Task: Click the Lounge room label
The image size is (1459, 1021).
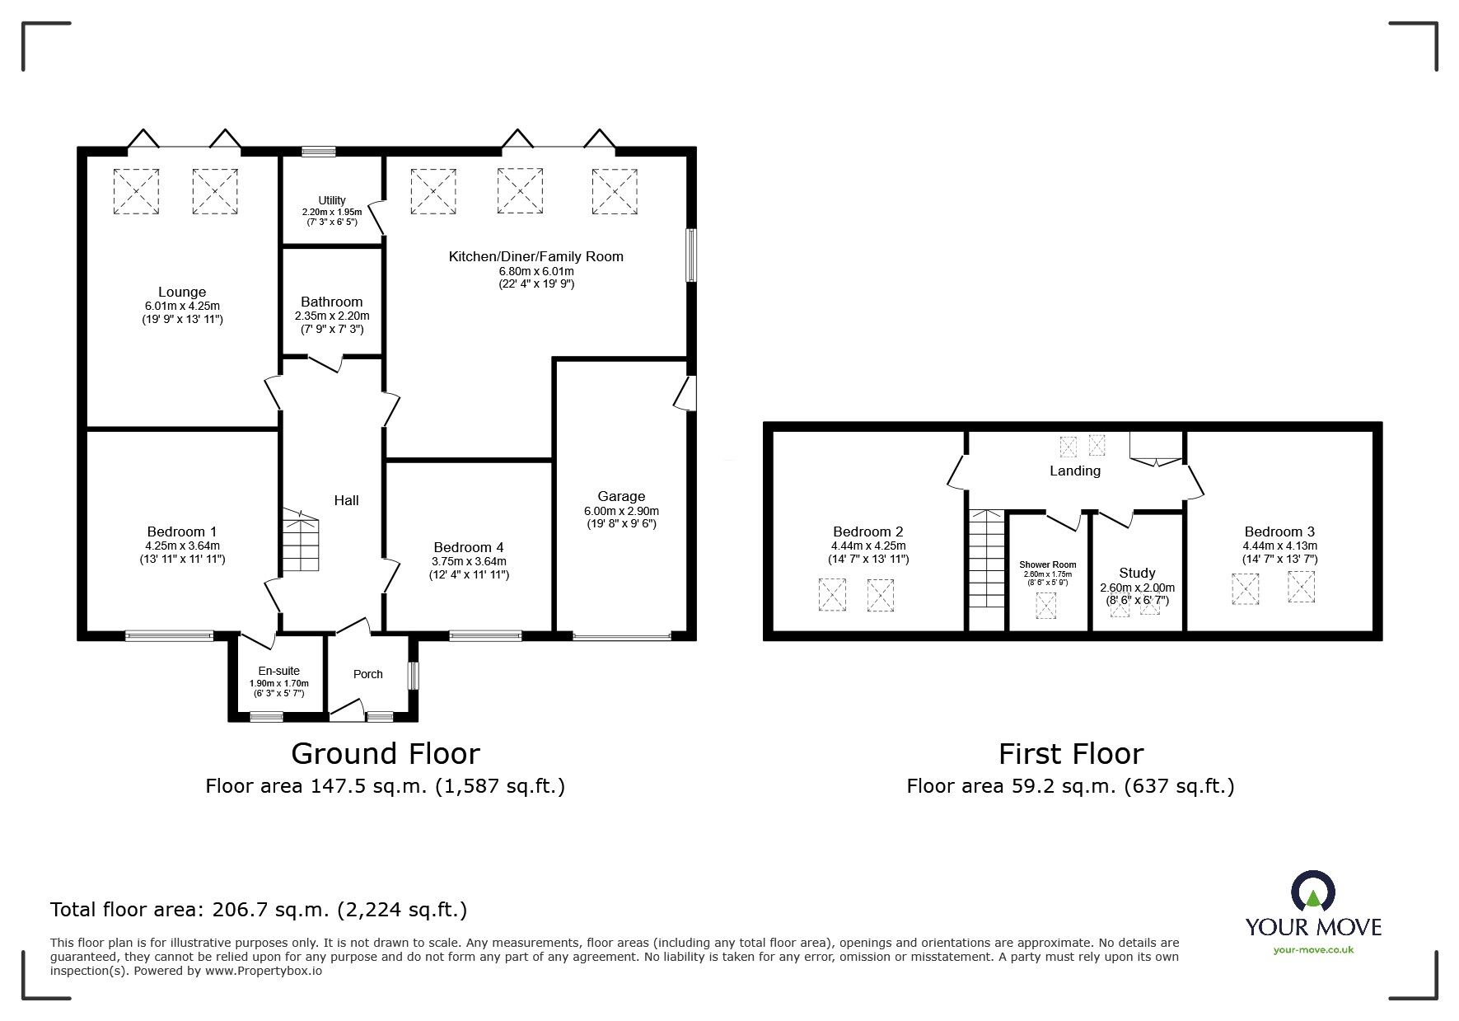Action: pos(182,292)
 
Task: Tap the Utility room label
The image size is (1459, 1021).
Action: pos(332,200)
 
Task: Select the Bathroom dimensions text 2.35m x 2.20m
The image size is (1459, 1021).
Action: pos(332,316)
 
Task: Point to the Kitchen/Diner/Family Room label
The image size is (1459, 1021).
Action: pos(535,256)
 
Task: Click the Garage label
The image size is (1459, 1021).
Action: pos(621,496)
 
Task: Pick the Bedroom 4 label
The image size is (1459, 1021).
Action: pos(469,547)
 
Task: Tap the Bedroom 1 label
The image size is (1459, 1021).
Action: pos(182,532)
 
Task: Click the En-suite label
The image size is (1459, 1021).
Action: pos(278,671)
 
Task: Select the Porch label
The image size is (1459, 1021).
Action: pos(368,674)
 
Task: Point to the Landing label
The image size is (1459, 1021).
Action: pos(1075,471)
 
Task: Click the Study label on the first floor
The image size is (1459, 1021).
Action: pos(1137,573)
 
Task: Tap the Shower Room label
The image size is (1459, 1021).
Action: pos(1048,564)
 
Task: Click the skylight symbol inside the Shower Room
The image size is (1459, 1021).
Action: pos(1045,606)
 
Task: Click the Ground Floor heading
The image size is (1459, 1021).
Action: pos(386,754)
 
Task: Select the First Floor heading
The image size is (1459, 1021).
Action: pos(1071,754)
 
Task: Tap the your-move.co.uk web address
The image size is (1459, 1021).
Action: pos(1313,950)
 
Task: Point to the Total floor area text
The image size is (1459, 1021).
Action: pos(259,910)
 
